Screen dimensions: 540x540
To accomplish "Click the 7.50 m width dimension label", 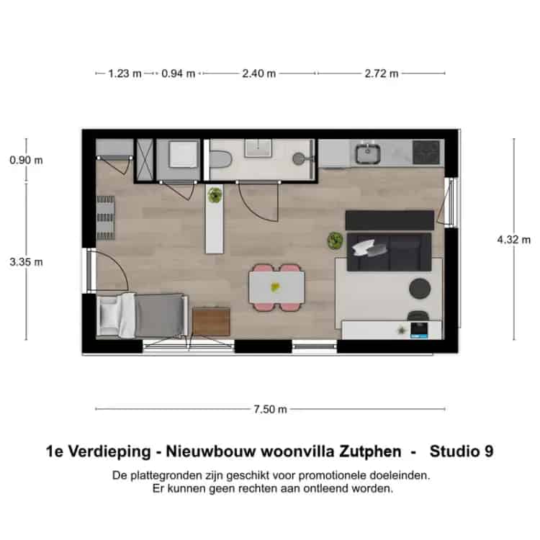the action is tap(270, 409).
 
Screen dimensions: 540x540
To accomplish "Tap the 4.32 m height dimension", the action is tap(514, 240).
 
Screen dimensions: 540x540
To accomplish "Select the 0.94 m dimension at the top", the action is tap(179, 73).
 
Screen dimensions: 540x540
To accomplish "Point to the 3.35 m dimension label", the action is tap(26, 262).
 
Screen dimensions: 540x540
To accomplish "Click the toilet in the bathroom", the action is tap(220, 160).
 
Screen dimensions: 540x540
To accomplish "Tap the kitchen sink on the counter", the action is tap(368, 153).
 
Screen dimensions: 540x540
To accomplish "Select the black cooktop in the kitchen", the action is tap(426, 152).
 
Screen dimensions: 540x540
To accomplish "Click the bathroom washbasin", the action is tap(258, 148).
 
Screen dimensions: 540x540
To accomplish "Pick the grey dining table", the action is tap(277, 287).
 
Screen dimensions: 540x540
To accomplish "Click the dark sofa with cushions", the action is tap(389, 252).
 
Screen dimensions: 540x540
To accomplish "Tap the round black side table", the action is tap(420, 289).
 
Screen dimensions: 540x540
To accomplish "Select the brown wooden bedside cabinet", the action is tap(211, 321).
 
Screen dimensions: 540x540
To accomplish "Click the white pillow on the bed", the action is tap(109, 317).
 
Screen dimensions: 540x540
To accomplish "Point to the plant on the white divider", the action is tap(215, 195).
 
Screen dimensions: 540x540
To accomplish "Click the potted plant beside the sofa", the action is tap(335, 240).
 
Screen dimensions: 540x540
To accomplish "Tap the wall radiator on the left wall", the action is tap(105, 217).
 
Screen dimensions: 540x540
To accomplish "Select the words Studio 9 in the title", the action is tap(462, 451).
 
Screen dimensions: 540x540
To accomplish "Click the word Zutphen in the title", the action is tap(370, 451).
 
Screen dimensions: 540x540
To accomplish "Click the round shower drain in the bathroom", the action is tap(298, 159).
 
